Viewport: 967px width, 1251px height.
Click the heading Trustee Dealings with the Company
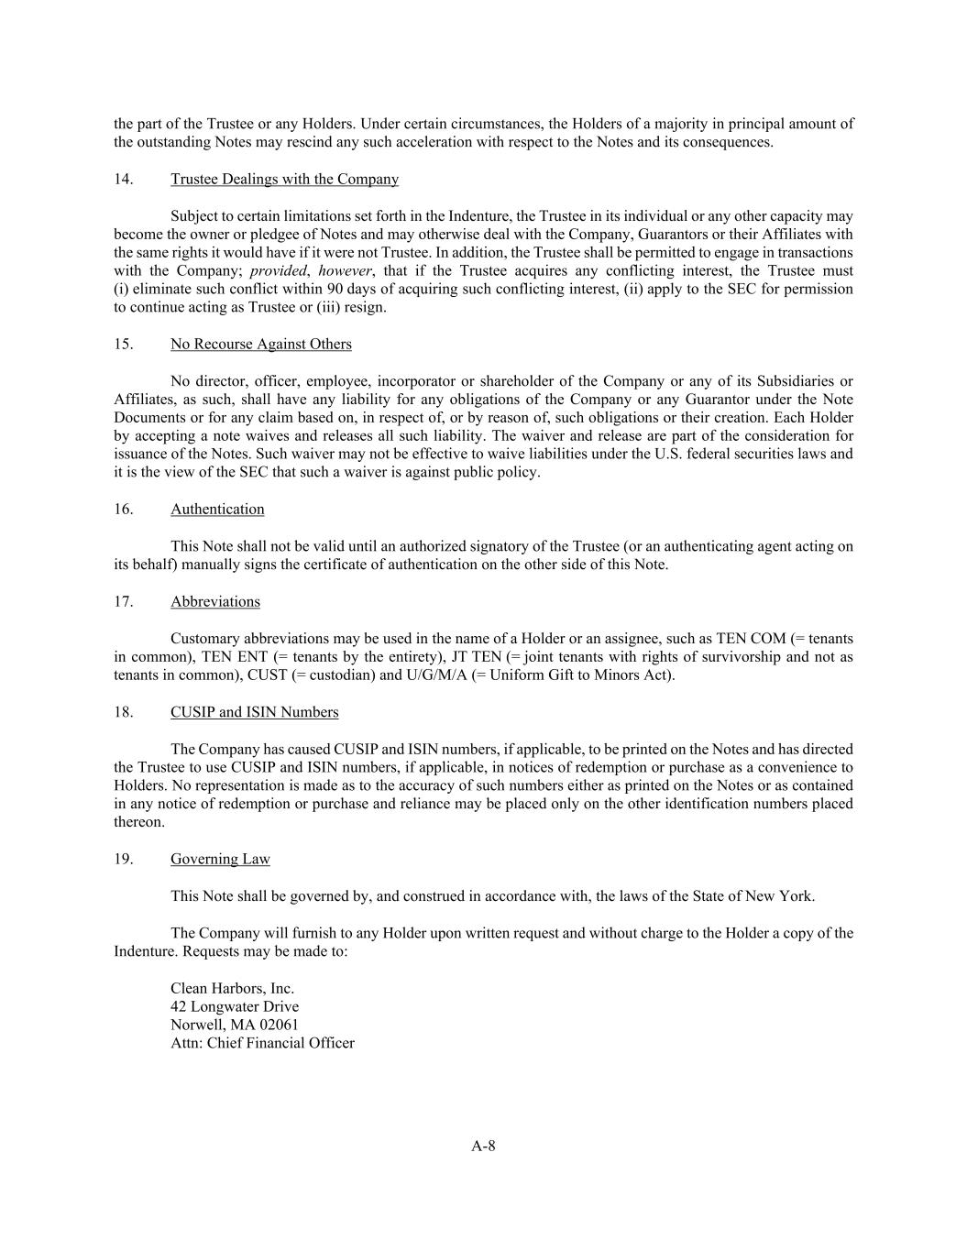pyautogui.click(x=284, y=180)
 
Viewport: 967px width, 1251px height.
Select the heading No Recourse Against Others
pyautogui.click(x=260, y=345)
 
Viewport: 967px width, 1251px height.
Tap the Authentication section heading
pyautogui.click(x=217, y=510)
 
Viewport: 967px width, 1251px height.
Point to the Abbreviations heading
pyautogui.click(x=214, y=602)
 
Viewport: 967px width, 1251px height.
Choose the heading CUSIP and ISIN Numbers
pyautogui.click(x=254, y=712)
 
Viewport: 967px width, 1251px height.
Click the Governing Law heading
pyautogui.click(x=220, y=860)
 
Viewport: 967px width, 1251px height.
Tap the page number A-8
pyautogui.click(x=483, y=1146)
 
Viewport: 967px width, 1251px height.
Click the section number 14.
pyautogui.click(x=124, y=180)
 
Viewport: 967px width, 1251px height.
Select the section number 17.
pyautogui.click(x=124, y=602)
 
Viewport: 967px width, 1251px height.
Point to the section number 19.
pyautogui.click(x=124, y=860)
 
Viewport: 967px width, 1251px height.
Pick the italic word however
pyautogui.click(x=346, y=271)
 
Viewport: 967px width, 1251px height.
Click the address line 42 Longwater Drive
pyautogui.click(x=235, y=1007)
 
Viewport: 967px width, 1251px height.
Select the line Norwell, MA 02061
pyautogui.click(x=235, y=1026)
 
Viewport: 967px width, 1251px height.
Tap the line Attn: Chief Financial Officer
pyautogui.click(x=262, y=1044)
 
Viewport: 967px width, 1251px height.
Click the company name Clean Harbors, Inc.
pyautogui.click(x=232, y=989)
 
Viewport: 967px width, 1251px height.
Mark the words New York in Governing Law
pyautogui.click(x=782, y=896)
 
